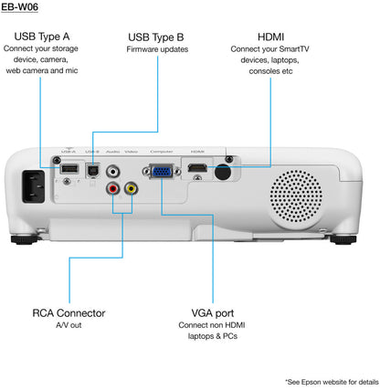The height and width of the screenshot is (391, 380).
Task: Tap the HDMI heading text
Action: [x=270, y=37]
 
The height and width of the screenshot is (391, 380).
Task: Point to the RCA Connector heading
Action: [x=69, y=313]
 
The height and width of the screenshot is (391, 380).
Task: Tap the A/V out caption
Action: [x=69, y=326]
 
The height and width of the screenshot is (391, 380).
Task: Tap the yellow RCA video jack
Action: [x=132, y=188]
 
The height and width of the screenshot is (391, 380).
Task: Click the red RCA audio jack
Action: [x=113, y=188]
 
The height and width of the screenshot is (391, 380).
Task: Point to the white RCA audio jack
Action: [x=113, y=170]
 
